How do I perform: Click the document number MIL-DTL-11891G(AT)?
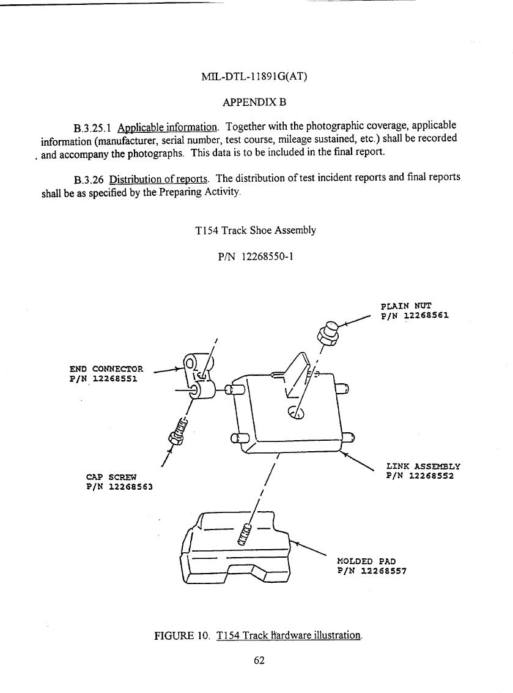point(254,77)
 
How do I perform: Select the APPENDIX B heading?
point(254,102)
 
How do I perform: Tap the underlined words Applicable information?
point(168,128)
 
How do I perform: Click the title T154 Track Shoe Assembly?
point(256,230)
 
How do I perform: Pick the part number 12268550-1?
point(267,257)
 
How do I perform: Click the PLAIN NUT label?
point(406,306)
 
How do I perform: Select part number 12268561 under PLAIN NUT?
point(426,315)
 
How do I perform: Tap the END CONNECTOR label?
point(106,369)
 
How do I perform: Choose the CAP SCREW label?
point(112,478)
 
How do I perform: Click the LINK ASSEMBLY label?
point(423,466)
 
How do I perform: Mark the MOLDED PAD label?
point(366,561)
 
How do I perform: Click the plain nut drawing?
point(328,334)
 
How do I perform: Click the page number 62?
point(259,661)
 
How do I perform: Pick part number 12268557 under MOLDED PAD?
point(383,571)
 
